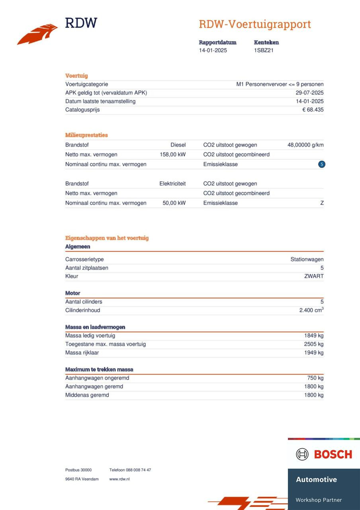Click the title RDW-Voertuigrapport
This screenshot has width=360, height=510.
pyautogui.click(x=255, y=24)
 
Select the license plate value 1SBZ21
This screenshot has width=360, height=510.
pyautogui.click(x=264, y=50)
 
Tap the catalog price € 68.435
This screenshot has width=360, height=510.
pyautogui.click(x=313, y=110)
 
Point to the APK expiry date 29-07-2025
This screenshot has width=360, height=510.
pyautogui.click(x=309, y=93)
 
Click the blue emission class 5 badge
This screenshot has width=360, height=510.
pyautogui.click(x=322, y=164)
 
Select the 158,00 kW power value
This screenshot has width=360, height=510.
pyautogui.click(x=172, y=155)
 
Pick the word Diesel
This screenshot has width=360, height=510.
pyautogui.click(x=178, y=145)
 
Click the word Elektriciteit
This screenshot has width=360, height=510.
pyautogui.click(x=172, y=184)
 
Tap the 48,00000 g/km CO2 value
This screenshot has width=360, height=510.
pyautogui.click(x=305, y=145)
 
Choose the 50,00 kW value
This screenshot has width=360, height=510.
pyautogui.click(x=174, y=203)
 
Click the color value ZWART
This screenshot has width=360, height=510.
pyautogui.click(x=314, y=276)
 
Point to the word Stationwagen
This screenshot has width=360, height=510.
pyautogui.click(x=307, y=259)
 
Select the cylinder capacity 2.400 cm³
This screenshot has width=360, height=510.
pyautogui.click(x=311, y=310)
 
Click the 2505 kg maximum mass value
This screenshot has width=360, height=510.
pyautogui.click(x=314, y=344)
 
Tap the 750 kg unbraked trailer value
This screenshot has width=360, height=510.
pyautogui.click(x=315, y=378)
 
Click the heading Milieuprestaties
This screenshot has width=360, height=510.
pyautogui.click(x=86, y=135)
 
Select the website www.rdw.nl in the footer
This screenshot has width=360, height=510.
pyautogui.click(x=119, y=479)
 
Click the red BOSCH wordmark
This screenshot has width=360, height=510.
pyautogui.click(x=333, y=454)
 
